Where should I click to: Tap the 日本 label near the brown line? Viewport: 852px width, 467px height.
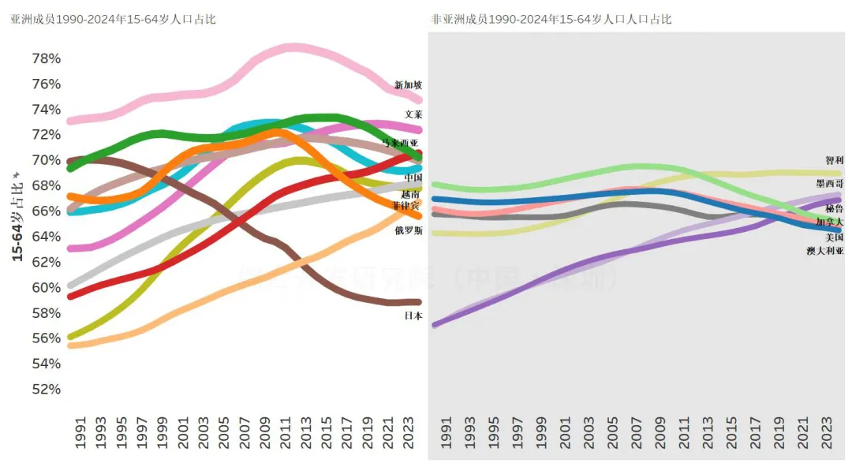[413, 316]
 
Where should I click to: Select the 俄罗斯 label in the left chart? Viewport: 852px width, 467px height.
[409, 231]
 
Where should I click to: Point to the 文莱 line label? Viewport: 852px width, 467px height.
[413, 114]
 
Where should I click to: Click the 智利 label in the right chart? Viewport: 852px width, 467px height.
[835, 160]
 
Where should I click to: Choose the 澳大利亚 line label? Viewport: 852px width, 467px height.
[825, 250]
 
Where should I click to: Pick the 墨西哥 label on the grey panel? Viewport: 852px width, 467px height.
[830, 183]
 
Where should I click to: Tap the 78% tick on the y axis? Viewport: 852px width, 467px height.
[46, 59]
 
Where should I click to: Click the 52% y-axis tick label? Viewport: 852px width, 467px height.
[46, 389]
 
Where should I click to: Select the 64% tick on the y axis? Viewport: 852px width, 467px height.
[46, 237]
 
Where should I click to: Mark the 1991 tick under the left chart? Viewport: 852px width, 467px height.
[80, 434]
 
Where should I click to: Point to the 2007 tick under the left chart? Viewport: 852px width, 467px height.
[245, 434]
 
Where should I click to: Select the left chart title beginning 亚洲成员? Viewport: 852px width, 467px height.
[113, 19]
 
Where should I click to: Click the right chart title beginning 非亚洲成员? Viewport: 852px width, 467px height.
[551, 19]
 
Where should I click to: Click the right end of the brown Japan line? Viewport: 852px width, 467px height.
[418, 302]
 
